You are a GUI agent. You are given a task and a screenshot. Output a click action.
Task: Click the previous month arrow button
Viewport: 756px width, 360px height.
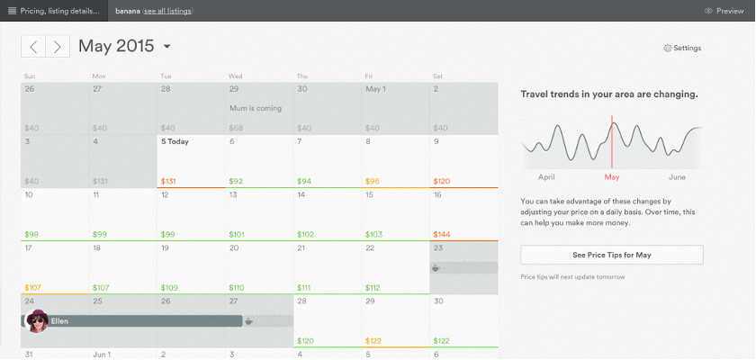pos(33,47)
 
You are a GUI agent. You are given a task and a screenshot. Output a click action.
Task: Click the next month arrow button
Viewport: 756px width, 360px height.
pos(58,47)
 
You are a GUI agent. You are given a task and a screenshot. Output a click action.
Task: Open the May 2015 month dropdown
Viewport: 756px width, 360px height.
pos(167,47)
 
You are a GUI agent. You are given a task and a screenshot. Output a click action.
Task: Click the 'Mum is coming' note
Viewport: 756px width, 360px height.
pos(256,108)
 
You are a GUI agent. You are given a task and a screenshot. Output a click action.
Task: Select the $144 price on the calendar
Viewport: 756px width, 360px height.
pos(443,234)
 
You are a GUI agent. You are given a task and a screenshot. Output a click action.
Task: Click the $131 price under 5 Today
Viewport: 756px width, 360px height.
pos(168,181)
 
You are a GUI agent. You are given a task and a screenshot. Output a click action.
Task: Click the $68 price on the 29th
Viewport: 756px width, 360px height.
pos(237,128)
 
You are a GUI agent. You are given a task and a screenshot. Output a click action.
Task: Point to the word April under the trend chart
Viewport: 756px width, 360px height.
pos(547,177)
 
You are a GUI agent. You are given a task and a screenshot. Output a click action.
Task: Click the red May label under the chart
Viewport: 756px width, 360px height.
pos(612,177)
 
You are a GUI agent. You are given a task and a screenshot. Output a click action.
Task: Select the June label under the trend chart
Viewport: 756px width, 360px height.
pos(678,177)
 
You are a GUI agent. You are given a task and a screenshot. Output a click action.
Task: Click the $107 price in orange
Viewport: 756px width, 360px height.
pos(32,287)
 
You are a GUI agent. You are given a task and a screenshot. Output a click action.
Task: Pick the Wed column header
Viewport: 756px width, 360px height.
pos(235,76)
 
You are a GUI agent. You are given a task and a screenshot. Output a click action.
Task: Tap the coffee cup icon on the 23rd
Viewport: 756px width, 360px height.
pos(436,267)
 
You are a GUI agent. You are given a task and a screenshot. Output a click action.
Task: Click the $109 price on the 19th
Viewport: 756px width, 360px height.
pos(169,287)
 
